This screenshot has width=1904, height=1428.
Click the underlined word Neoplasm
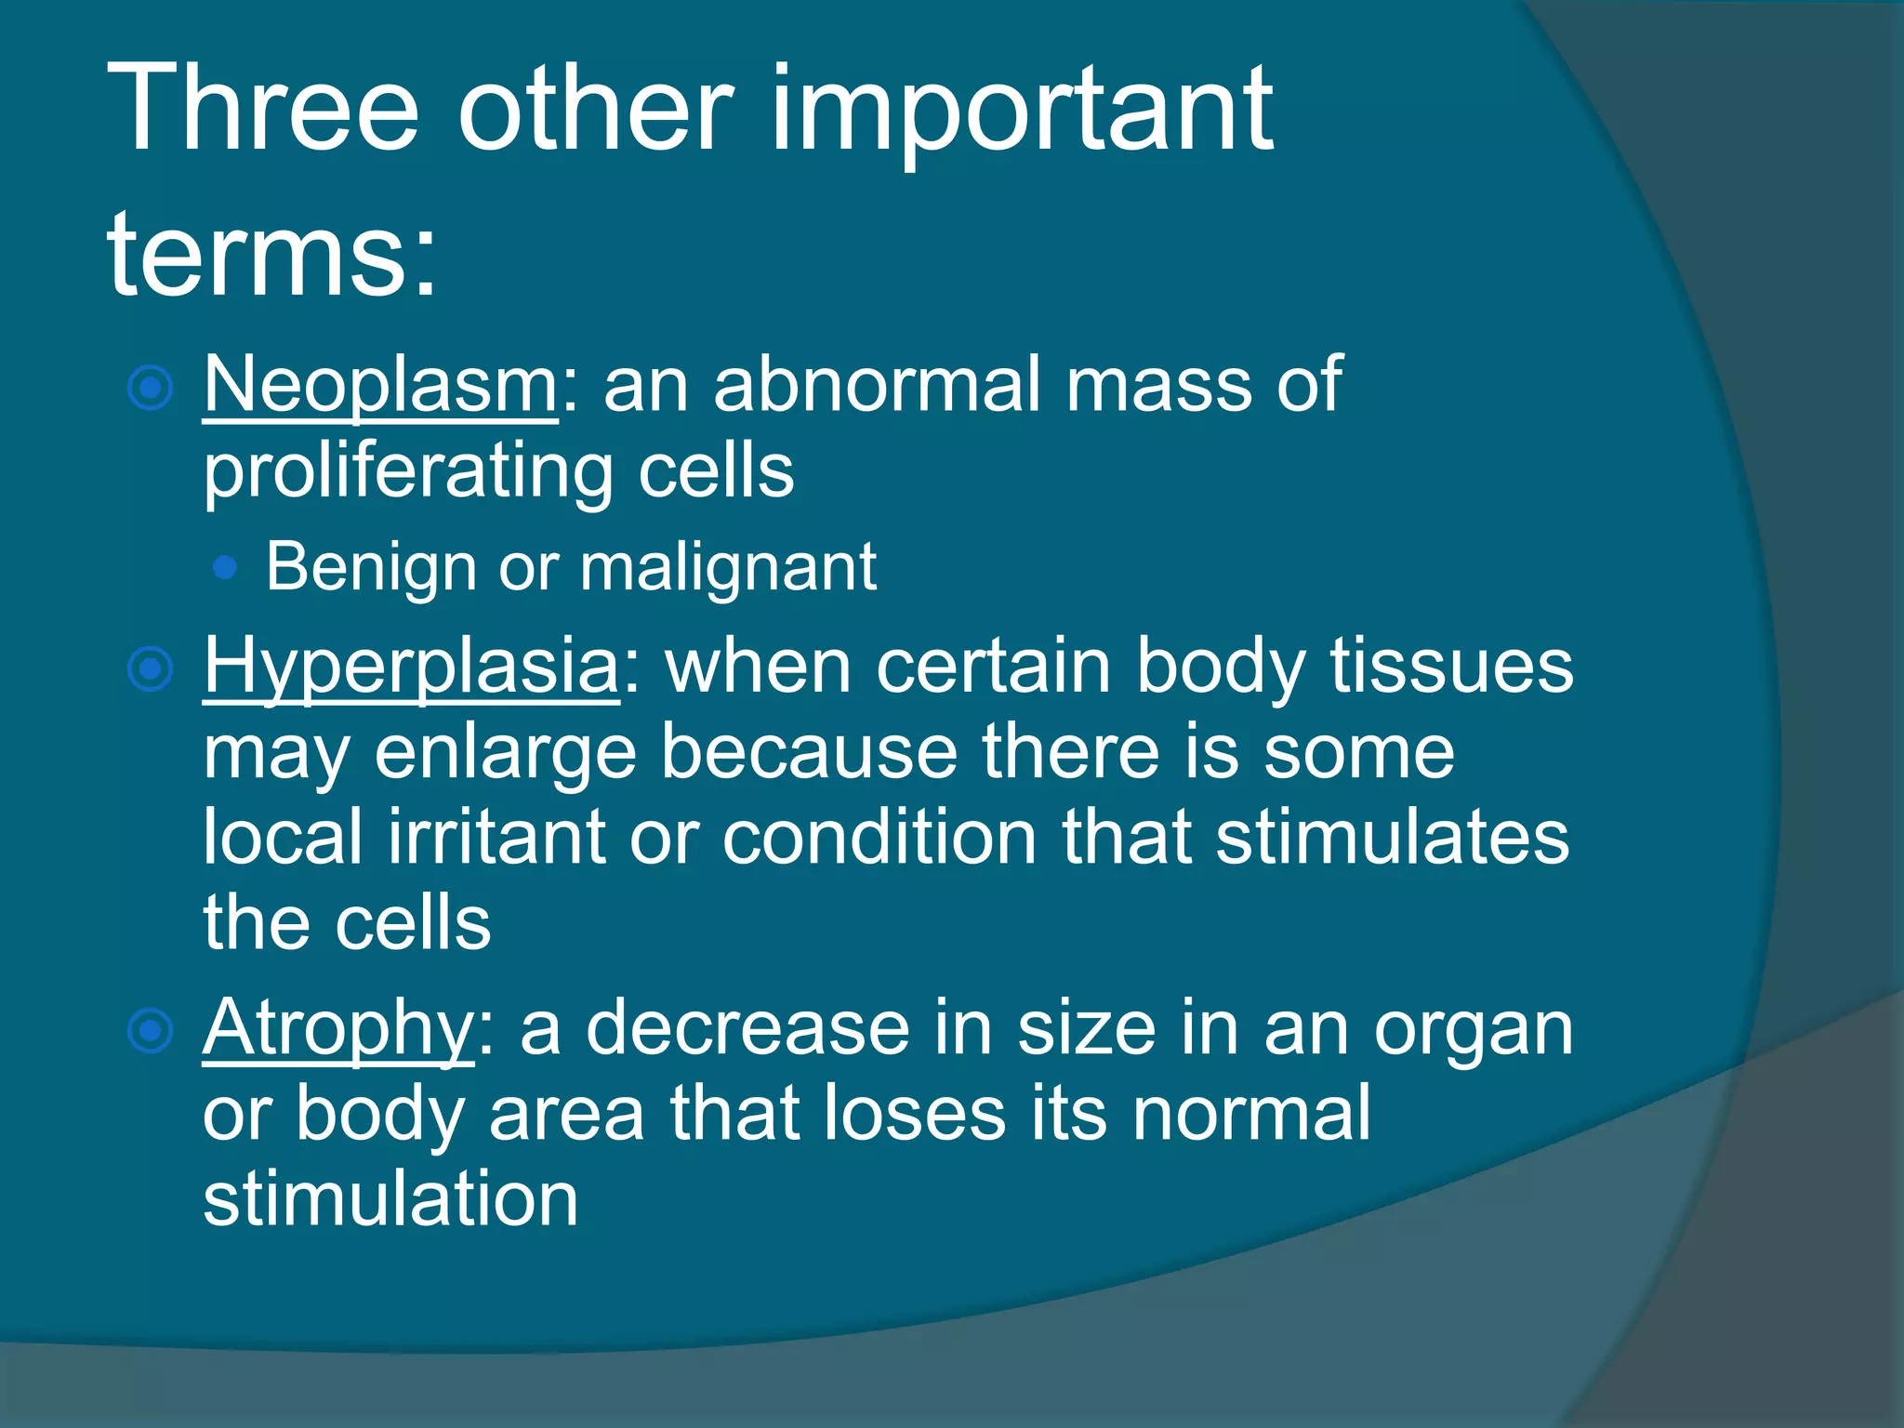(380, 385)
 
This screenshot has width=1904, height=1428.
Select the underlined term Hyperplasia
(411, 668)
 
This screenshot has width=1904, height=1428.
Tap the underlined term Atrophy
(338, 1030)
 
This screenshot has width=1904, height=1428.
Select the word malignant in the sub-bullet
(728, 567)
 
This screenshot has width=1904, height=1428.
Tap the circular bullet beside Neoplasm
(150, 388)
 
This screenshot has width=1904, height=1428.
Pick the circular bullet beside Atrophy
(150, 1030)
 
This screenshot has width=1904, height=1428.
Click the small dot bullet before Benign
(224, 567)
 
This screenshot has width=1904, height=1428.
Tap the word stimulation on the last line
(390, 1198)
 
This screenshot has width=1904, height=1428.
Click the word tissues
(1451, 666)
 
